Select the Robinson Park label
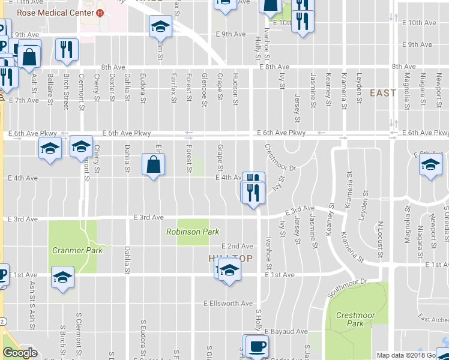click(193, 232)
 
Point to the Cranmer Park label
click(77, 250)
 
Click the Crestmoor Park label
click(351, 319)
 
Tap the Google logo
click(20, 353)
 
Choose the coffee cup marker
click(258, 346)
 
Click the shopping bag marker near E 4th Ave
click(154, 164)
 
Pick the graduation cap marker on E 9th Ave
click(161, 26)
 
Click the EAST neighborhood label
click(382, 93)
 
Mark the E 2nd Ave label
click(237, 246)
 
